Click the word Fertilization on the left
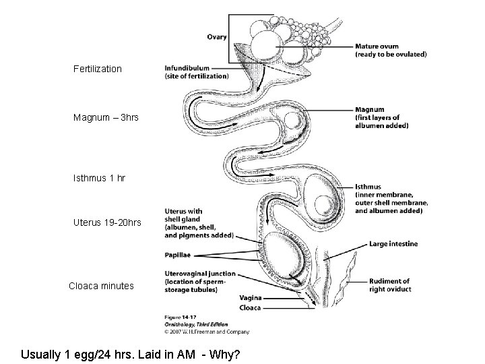tap(98, 69)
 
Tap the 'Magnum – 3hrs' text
tap(106, 118)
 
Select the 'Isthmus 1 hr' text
tap(99, 179)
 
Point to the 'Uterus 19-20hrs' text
tap(107, 222)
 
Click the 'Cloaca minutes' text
tap(101, 286)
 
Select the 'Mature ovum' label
tap(379, 47)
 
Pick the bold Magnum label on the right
tap(370, 109)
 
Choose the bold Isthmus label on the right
tap(370, 187)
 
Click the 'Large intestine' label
tap(393, 243)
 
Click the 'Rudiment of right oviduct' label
tap(389, 281)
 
